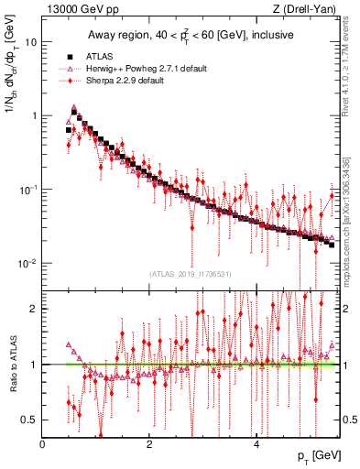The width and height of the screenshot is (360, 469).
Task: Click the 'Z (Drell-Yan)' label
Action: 306,9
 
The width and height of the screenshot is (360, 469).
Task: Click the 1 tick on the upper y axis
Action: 34,116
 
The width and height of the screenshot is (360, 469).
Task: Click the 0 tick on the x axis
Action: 43,442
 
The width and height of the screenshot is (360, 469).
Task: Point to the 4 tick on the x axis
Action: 256,442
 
